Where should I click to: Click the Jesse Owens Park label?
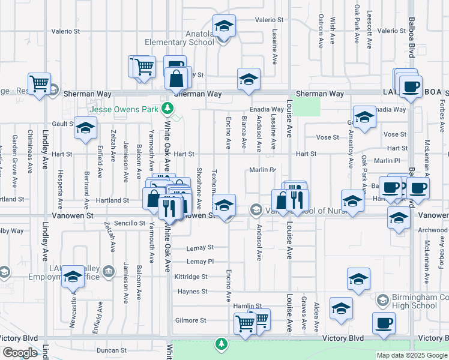122,109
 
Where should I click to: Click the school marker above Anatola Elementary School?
224,26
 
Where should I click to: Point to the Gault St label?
62,123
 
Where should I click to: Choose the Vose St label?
328,137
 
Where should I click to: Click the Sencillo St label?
134,223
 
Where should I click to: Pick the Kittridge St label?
191,277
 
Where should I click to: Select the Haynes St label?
192,292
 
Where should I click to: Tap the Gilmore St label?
190,320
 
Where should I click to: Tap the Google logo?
20,352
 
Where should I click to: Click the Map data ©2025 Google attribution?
411,355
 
